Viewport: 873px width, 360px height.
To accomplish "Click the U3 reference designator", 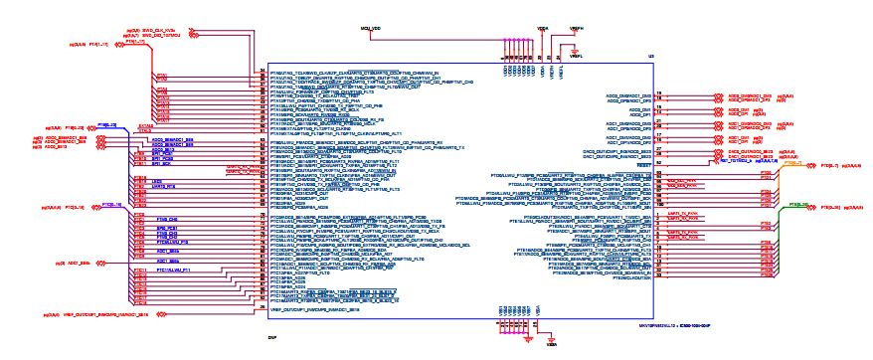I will (648, 58).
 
